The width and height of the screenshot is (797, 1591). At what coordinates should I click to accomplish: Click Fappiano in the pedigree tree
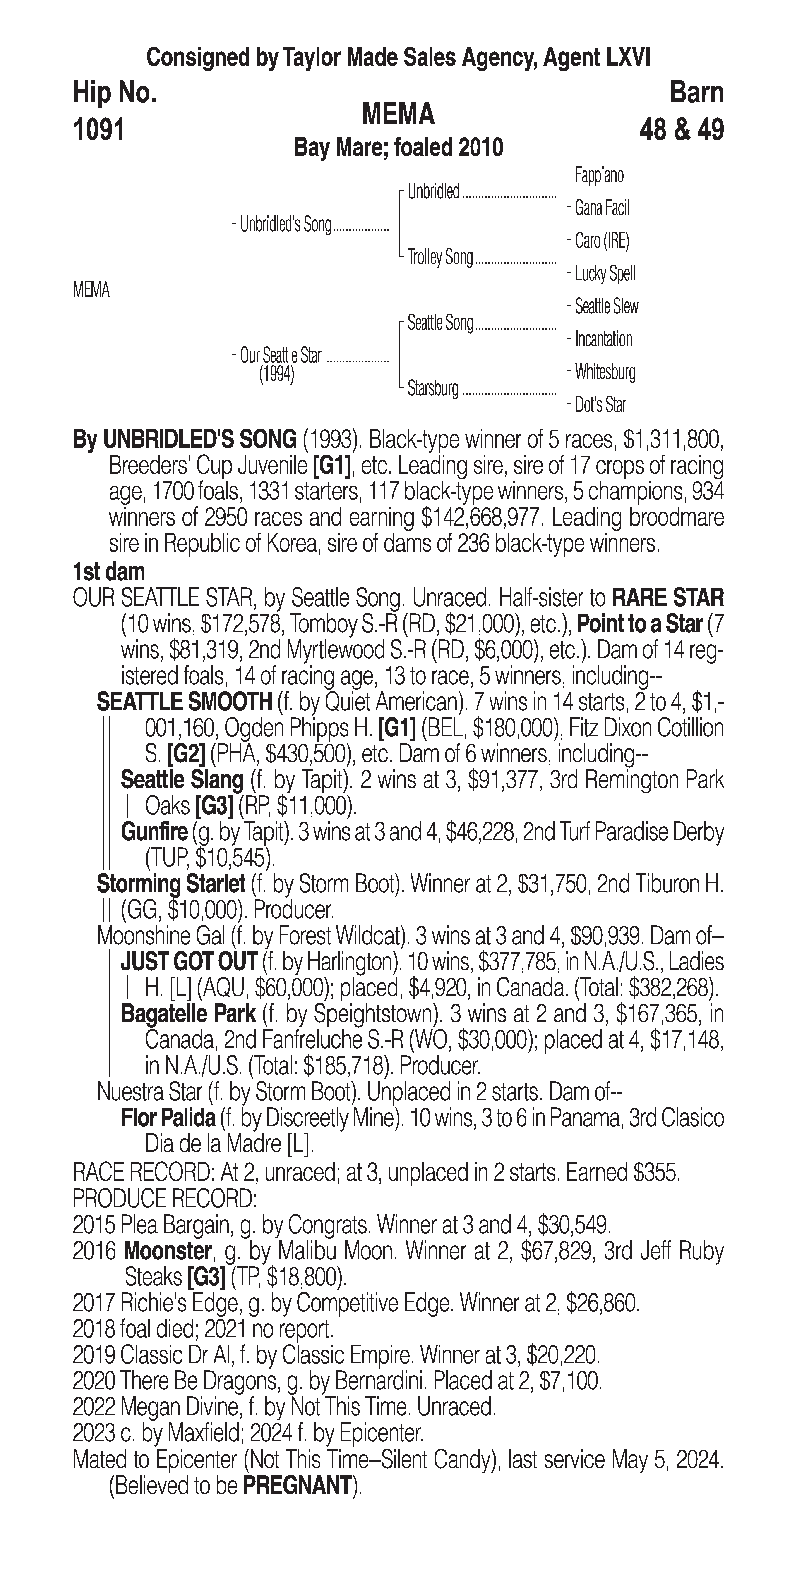click(599, 175)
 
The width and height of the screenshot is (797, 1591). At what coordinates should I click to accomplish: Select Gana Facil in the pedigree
click(602, 208)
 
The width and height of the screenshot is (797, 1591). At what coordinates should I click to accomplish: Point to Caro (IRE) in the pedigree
click(602, 241)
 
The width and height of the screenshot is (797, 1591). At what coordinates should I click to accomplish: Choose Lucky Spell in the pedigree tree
click(605, 274)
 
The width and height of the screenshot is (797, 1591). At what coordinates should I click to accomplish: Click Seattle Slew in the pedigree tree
click(606, 306)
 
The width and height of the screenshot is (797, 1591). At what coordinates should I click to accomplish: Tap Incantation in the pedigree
click(603, 339)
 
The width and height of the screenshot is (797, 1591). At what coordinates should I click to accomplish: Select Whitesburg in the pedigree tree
click(605, 372)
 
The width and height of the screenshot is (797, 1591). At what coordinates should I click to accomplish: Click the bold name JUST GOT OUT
click(188, 962)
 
